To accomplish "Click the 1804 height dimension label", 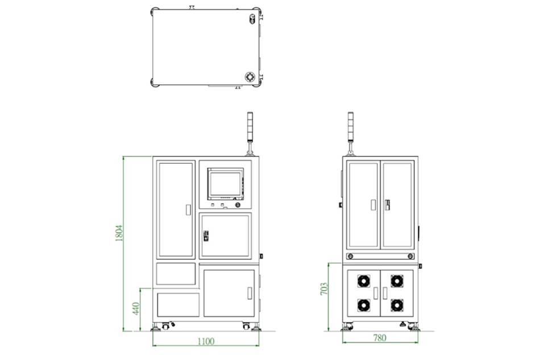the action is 119,233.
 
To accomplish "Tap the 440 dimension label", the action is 136,308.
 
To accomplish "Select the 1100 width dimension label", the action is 206,341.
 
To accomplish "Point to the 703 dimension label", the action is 324,289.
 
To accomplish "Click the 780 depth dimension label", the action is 380,338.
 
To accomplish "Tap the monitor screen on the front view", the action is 225,184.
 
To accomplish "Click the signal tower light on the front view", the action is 250,127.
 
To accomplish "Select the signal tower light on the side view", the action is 351,127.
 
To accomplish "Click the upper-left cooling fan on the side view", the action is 364,281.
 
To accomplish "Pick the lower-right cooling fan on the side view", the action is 397,305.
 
